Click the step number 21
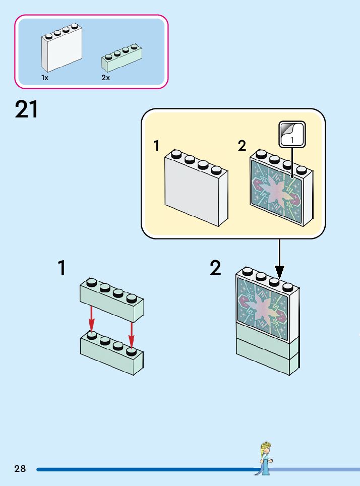click(x=27, y=109)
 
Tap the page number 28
click(x=20, y=469)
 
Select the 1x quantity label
click(x=45, y=78)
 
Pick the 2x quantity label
click(x=105, y=78)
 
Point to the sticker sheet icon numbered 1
click(x=292, y=134)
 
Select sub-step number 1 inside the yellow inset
click(x=157, y=146)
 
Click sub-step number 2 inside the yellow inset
click(x=242, y=146)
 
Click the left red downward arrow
click(x=91, y=318)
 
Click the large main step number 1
click(x=62, y=268)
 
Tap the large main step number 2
click(x=216, y=268)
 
